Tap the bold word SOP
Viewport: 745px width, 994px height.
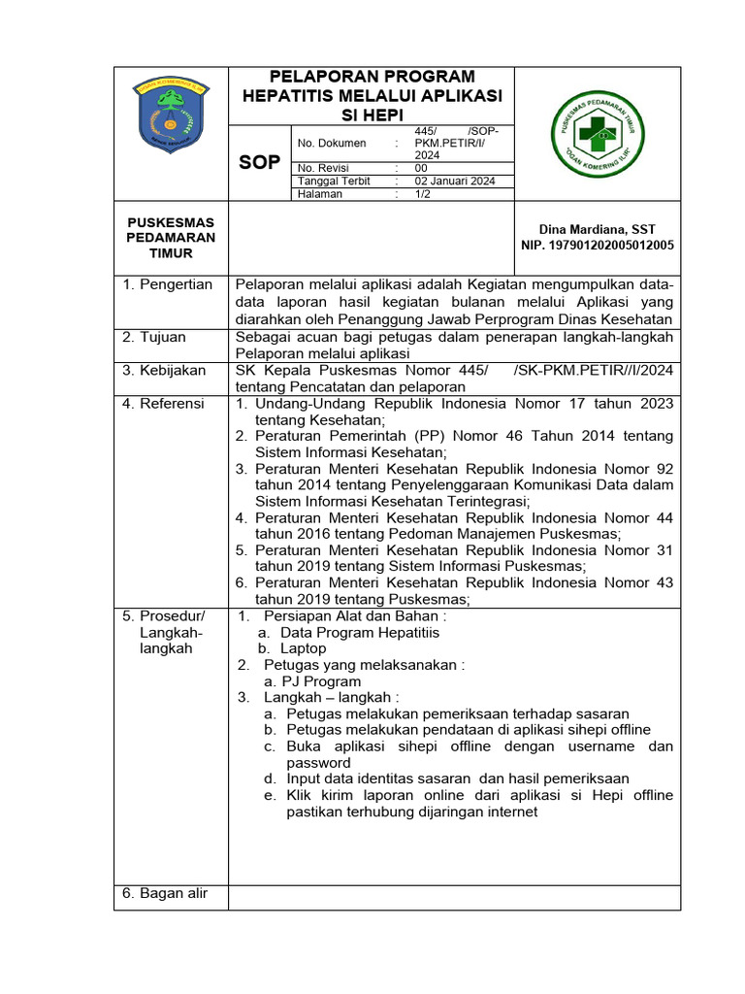click(x=259, y=162)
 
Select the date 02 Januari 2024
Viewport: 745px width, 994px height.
click(x=455, y=181)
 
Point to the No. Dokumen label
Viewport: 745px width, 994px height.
click(x=332, y=143)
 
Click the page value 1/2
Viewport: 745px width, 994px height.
click(x=424, y=194)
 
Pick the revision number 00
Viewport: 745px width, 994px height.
click(x=421, y=167)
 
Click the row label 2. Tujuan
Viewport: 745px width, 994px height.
click(x=154, y=337)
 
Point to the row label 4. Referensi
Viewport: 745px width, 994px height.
click(x=163, y=403)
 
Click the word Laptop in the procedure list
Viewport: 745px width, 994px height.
click(x=303, y=648)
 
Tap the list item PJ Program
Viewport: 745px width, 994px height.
click(x=311, y=681)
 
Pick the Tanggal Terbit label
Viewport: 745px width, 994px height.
click(x=336, y=181)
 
